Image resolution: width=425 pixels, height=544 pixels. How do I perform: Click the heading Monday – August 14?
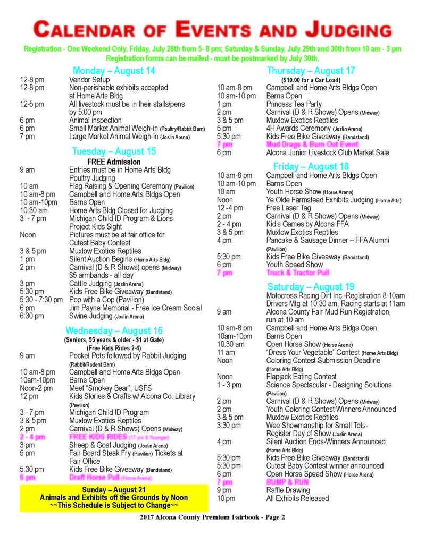tap(114, 71)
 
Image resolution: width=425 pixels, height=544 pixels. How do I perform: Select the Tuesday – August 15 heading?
tap(114, 151)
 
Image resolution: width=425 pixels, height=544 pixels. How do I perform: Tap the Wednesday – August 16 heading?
tap(114, 329)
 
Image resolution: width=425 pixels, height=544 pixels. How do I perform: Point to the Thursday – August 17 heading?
tap(311, 71)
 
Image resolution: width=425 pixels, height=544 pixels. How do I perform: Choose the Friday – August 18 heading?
tap(311, 166)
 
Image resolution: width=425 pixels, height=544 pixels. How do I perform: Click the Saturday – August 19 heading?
tap(311, 287)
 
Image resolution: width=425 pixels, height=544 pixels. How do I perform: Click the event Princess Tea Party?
tap(294, 104)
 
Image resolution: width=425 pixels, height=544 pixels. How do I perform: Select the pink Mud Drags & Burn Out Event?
tap(312, 144)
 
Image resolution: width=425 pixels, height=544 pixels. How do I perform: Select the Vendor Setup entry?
tap(88, 80)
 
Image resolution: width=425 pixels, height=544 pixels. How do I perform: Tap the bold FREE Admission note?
tap(114, 161)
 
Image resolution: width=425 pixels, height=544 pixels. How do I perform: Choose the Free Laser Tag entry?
tap(289, 208)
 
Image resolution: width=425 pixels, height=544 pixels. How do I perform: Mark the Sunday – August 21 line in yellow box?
tap(114, 489)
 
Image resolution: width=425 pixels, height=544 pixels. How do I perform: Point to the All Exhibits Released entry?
tap(297, 498)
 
